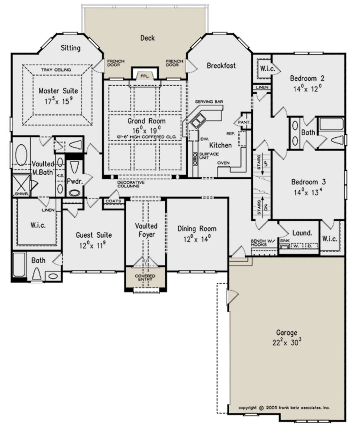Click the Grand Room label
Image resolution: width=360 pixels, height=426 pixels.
tap(146, 121)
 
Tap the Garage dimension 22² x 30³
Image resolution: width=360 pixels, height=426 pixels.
tap(286, 343)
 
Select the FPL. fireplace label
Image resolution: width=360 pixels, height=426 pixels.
tap(144, 76)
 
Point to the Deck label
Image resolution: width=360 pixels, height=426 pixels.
tap(148, 38)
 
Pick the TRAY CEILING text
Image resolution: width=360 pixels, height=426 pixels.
tap(56, 70)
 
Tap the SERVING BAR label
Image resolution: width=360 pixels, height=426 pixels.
tap(209, 102)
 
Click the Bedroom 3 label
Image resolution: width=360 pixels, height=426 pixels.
tap(308, 182)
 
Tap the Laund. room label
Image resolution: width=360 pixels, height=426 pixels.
tap(302, 233)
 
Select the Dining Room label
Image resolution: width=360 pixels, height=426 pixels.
tap(197, 229)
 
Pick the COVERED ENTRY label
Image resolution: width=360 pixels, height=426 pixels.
tap(145, 277)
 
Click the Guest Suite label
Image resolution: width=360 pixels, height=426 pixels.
tap(94, 235)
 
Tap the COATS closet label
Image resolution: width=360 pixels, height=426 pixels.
tap(113, 201)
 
